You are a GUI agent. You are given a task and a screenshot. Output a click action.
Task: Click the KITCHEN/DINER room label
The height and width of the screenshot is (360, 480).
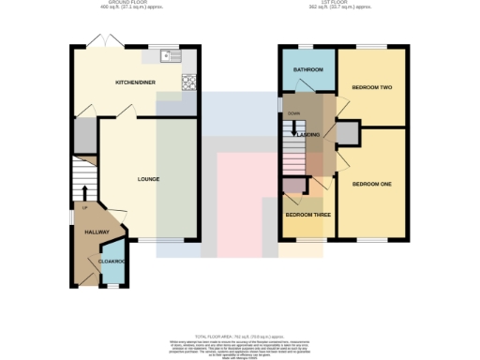[x=134, y=82]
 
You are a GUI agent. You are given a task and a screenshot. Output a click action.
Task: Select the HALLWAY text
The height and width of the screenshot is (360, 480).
[x=97, y=232]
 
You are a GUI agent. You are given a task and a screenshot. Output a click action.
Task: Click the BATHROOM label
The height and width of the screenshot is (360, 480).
[x=306, y=69]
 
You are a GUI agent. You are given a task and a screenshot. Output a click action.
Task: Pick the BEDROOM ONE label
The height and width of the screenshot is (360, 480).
[x=371, y=184]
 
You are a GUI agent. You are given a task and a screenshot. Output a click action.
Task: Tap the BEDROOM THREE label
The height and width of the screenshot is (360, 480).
[x=307, y=215]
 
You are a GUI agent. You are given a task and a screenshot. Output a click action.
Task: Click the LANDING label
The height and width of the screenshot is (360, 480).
[x=310, y=135]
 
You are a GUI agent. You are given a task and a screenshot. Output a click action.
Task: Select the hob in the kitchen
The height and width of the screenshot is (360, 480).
[x=188, y=82]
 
